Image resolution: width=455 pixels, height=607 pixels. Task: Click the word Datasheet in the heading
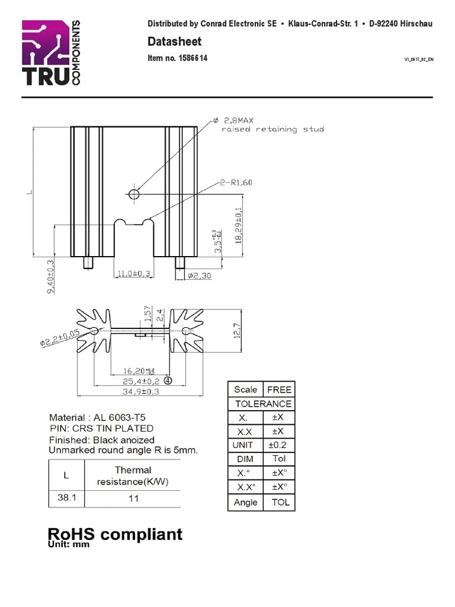pyautogui.click(x=174, y=41)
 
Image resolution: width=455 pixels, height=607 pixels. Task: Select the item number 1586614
pyautogui.click(x=177, y=59)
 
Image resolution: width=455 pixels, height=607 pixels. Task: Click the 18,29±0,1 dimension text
pyautogui.click(x=238, y=225)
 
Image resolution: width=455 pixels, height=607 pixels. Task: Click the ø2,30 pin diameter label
pyautogui.click(x=199, y=275)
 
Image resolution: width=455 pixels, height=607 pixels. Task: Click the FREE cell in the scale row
pyautogui.click(x=279, y=389)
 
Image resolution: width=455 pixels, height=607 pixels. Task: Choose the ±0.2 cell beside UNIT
pyautogui.click(x=278, y=445)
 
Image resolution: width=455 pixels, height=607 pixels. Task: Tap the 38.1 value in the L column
pyautogui.click(x=66, y=497)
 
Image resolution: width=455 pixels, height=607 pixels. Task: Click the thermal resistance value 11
pyautogui.click(x=133, y=498)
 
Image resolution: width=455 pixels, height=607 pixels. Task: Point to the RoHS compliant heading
pyautogui.click(x=115, y=534)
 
